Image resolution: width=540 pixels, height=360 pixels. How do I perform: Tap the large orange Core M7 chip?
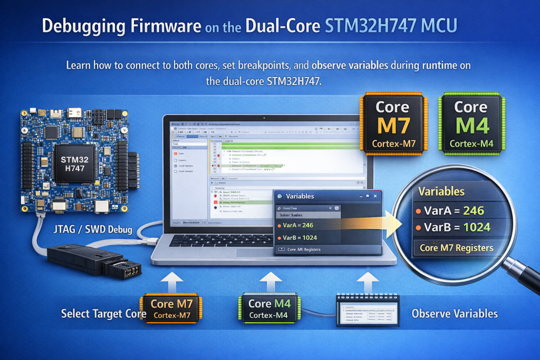pyautogui.click(x=392, y=124)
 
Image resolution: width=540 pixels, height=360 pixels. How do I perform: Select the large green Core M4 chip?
pyautogui.click(x=470, y=124)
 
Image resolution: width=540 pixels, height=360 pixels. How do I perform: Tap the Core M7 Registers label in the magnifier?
pyautogui.click(x=456, y=248)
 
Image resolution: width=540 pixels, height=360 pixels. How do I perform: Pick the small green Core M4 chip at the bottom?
pyautogui.click(x=269, y=309)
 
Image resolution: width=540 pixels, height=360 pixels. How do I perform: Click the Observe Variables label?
pyautogui.click(x=455, y=314)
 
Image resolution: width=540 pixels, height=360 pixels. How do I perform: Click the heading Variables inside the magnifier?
pyautogui.click(x=441, y=191)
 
